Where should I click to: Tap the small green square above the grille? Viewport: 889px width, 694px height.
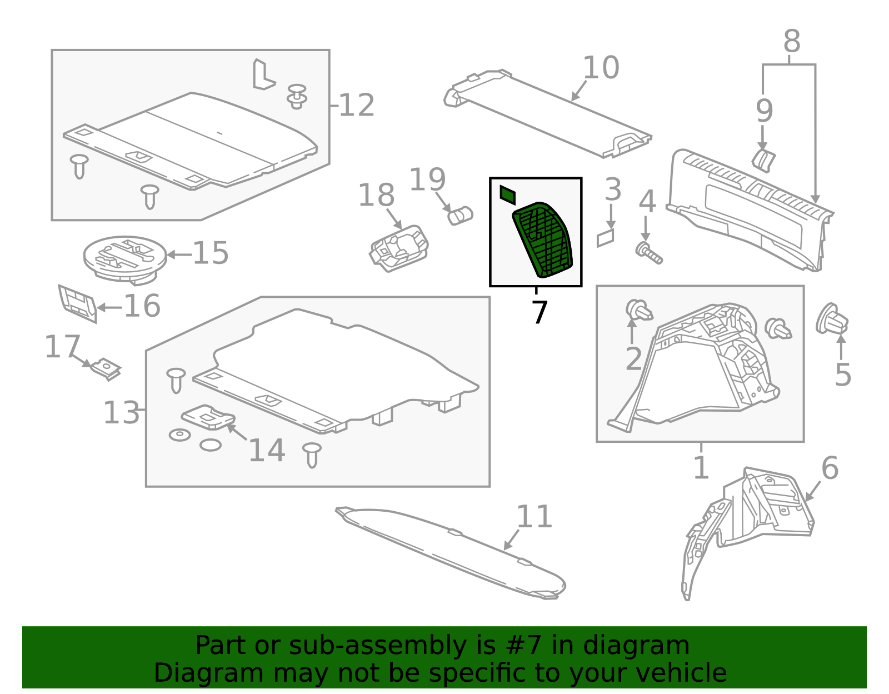[x=508, y=195]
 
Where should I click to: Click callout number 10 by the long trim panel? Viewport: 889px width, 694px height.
[x=601, y=68]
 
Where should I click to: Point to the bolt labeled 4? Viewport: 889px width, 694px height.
[x=648, y=253]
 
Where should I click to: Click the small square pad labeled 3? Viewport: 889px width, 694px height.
[x=606, y=238]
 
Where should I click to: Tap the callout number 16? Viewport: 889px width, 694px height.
[x=142, y=306]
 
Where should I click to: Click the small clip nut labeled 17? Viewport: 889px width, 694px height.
[x=106, y=369]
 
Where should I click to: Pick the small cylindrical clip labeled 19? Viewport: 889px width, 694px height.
[x=460, y=215]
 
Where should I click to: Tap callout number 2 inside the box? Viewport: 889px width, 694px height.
[x=634, y=360]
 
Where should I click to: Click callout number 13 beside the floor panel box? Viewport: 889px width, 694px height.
[x=121, y=413]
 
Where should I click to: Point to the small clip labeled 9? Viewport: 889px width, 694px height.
[x=763, y=159]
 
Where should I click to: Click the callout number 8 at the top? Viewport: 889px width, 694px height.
[x=792, y=42]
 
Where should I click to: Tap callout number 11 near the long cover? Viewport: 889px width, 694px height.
[x=534, y=517]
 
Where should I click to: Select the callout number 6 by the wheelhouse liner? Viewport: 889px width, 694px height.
[x=830, y=468]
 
